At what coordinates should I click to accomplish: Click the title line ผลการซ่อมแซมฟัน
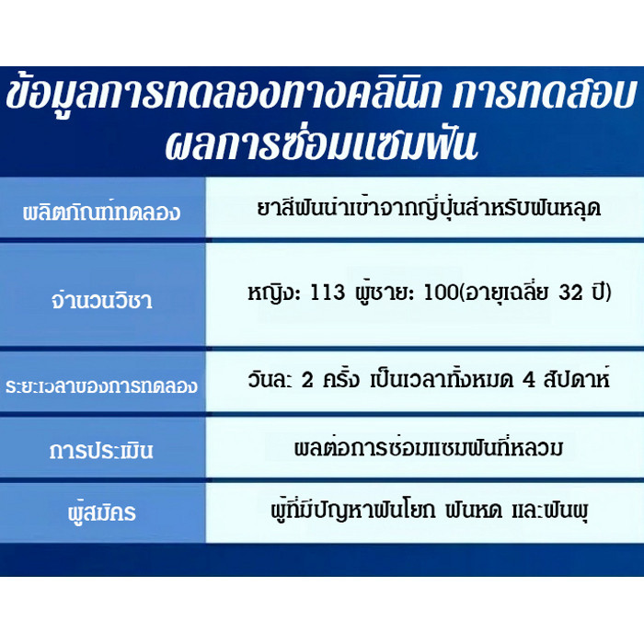(321, 145)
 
